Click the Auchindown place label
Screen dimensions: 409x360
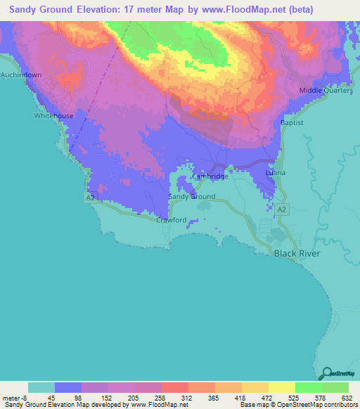click(21, 74)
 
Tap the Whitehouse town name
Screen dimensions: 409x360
click(53, 116)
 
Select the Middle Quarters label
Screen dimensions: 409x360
click(326, 91)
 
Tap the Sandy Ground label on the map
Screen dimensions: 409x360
click(192, 197)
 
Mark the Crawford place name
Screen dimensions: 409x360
click(171, 220)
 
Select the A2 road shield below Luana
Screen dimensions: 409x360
click(282, 209)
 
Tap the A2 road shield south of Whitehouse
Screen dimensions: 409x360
click(91, 198)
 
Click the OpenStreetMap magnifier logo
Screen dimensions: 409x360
click(326, 373)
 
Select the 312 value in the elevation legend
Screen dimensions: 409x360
click(187, 396)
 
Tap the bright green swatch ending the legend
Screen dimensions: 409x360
click(335, 387)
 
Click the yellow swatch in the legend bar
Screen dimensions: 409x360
click(281, 387)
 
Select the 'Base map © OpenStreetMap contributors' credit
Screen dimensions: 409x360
click(297, 405)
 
